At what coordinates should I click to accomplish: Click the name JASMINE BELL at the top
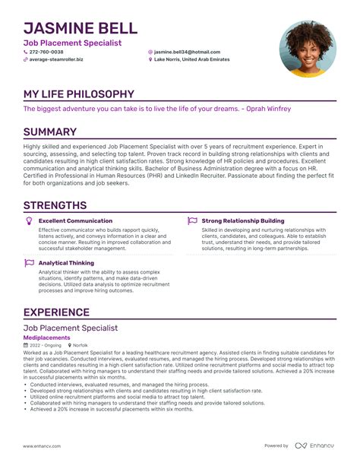81,29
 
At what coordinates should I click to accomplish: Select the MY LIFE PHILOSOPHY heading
78,94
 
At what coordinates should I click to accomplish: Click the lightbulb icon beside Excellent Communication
29,220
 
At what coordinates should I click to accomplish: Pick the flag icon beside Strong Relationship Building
192,220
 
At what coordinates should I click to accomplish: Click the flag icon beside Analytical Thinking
29,263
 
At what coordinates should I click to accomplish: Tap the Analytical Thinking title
66,263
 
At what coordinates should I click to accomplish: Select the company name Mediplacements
46,337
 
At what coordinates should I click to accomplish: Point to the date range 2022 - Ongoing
46,345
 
